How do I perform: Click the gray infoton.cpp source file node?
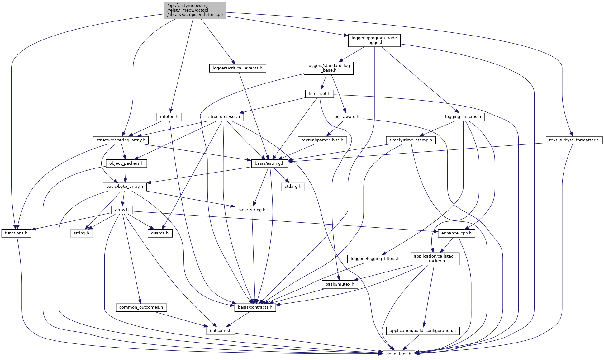(195, 10)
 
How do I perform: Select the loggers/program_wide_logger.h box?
(374, 40)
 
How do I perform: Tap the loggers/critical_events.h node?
(237, 68)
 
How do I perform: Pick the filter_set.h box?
(319, 93)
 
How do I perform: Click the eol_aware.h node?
(347, 117)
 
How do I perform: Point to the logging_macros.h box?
(463, 117)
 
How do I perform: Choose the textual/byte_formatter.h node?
(574, 140)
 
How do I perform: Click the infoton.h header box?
(169, 117)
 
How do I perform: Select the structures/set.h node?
(224, 117)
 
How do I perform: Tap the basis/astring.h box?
(269, 163)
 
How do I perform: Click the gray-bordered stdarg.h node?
(293, 187)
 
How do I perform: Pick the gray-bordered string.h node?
(81, 233)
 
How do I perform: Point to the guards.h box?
(160, 233)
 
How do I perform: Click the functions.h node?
(16, 233)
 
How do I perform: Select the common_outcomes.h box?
(141, 307)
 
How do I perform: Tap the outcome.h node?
(221, 330)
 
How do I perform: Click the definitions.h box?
(399, 354)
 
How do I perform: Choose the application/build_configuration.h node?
(423, 330)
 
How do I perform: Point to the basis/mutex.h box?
(340, 284)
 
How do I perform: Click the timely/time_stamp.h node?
(411, 140)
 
